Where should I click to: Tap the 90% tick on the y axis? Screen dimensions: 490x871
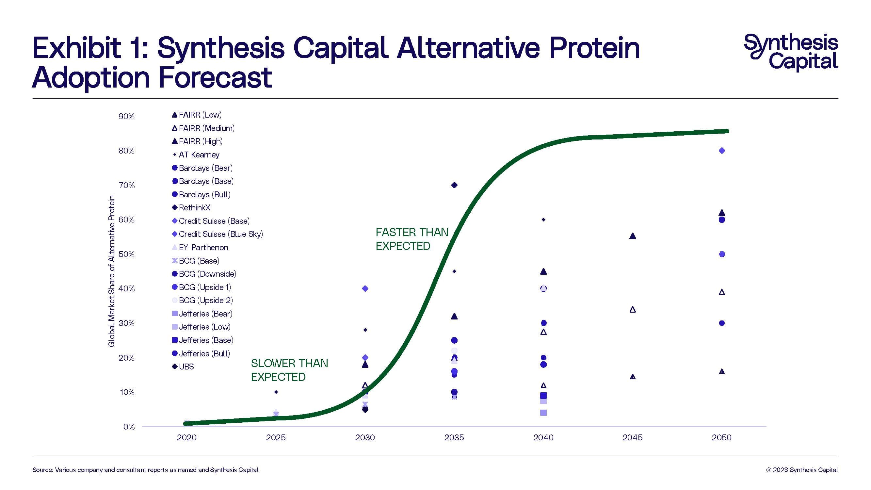click(126, 116)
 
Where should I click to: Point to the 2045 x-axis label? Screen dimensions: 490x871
click(632, 437)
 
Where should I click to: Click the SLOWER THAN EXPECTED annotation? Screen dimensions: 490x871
click(289, 370)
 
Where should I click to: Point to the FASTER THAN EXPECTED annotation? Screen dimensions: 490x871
click(411, 239)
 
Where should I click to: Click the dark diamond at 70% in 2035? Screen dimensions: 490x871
click(454, 185)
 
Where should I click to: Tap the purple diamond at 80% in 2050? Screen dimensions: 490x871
click(721, 151)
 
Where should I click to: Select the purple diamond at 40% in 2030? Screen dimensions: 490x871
click(365, 288)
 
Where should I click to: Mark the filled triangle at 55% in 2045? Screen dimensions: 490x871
click(632, 236)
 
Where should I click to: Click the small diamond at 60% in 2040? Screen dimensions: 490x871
click(543, 220)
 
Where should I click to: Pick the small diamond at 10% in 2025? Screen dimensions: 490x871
click(276, 392)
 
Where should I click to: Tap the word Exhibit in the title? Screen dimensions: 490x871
click(76, 48)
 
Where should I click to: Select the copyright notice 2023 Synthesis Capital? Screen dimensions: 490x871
click(802, 470)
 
